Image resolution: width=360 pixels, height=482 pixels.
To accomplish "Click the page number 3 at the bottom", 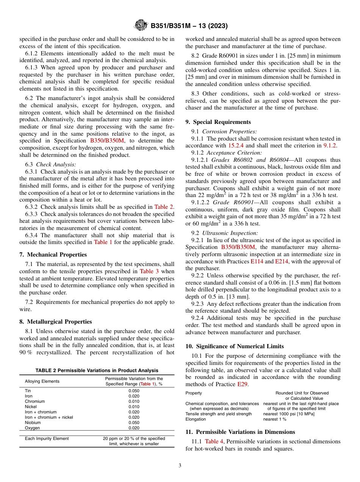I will [180, 466].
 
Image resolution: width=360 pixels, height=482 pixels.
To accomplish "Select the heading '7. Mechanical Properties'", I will [53, 255].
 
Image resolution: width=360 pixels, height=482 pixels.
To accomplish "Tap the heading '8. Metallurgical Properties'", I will [56, 322].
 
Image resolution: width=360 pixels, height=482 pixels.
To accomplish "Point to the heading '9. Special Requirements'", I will [218, 122].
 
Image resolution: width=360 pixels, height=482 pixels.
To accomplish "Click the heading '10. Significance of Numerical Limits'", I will [235, 346].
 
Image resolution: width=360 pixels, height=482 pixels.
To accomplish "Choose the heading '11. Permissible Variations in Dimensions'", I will [240, 432].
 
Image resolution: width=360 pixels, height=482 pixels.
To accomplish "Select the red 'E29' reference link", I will [242, 384].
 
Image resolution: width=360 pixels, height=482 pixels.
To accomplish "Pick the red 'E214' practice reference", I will [282, 261].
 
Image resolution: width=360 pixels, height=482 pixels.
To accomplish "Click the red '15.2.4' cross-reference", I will [236, 146].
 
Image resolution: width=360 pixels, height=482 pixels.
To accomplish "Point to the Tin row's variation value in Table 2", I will [134, 391].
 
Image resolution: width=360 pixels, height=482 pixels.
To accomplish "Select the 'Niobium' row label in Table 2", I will [33, 423].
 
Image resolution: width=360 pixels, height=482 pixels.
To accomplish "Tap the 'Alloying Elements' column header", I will [42, 381].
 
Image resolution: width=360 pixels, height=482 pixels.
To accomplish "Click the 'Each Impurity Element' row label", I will [47, 438].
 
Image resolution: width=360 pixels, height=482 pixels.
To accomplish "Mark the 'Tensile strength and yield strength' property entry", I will [219, 414].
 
